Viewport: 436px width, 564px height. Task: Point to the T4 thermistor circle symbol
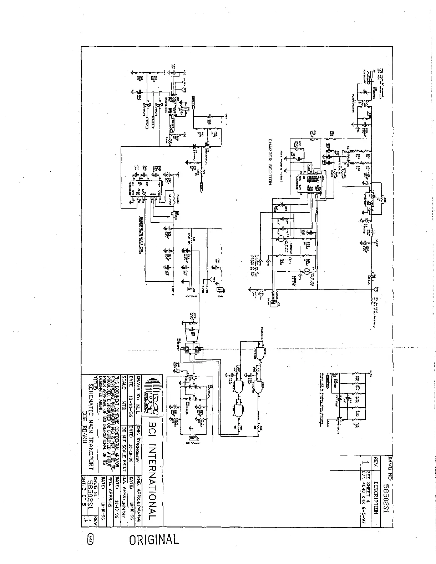click(306, 272)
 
